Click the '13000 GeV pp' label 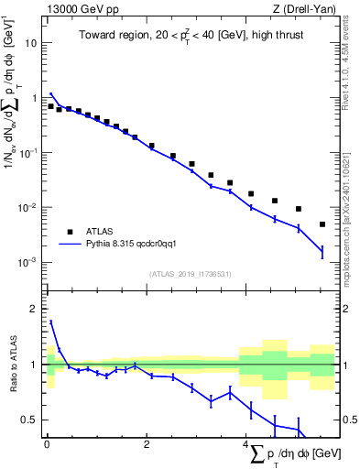tap(76, 8)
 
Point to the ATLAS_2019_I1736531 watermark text tap(191, 274)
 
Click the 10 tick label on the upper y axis tap(32, 43)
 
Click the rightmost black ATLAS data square tap(322, 224)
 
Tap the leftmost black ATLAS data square tap(50, 106)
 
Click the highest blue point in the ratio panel tap(50, 322)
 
